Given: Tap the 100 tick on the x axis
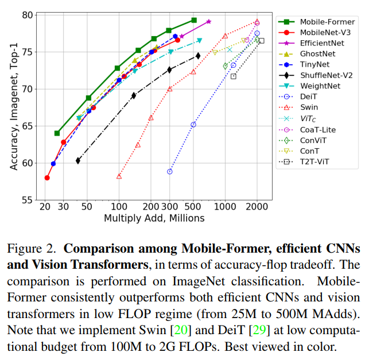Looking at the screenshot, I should [x=119, y=207].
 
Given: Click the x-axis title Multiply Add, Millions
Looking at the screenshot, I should [x=154, y=218].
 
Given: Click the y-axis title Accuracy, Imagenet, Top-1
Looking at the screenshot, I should [x=13, y=107].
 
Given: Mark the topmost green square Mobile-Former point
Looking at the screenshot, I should [x=194, y=20].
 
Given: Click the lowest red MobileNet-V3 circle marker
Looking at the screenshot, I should [x=47, y=178].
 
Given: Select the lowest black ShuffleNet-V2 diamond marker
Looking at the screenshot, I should [x=78, y=161].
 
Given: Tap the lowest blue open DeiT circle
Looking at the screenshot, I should [x=170, y=171].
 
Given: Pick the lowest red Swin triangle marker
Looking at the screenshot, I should [x=119, y=176].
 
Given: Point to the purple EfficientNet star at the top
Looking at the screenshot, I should [x=208, y=21].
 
